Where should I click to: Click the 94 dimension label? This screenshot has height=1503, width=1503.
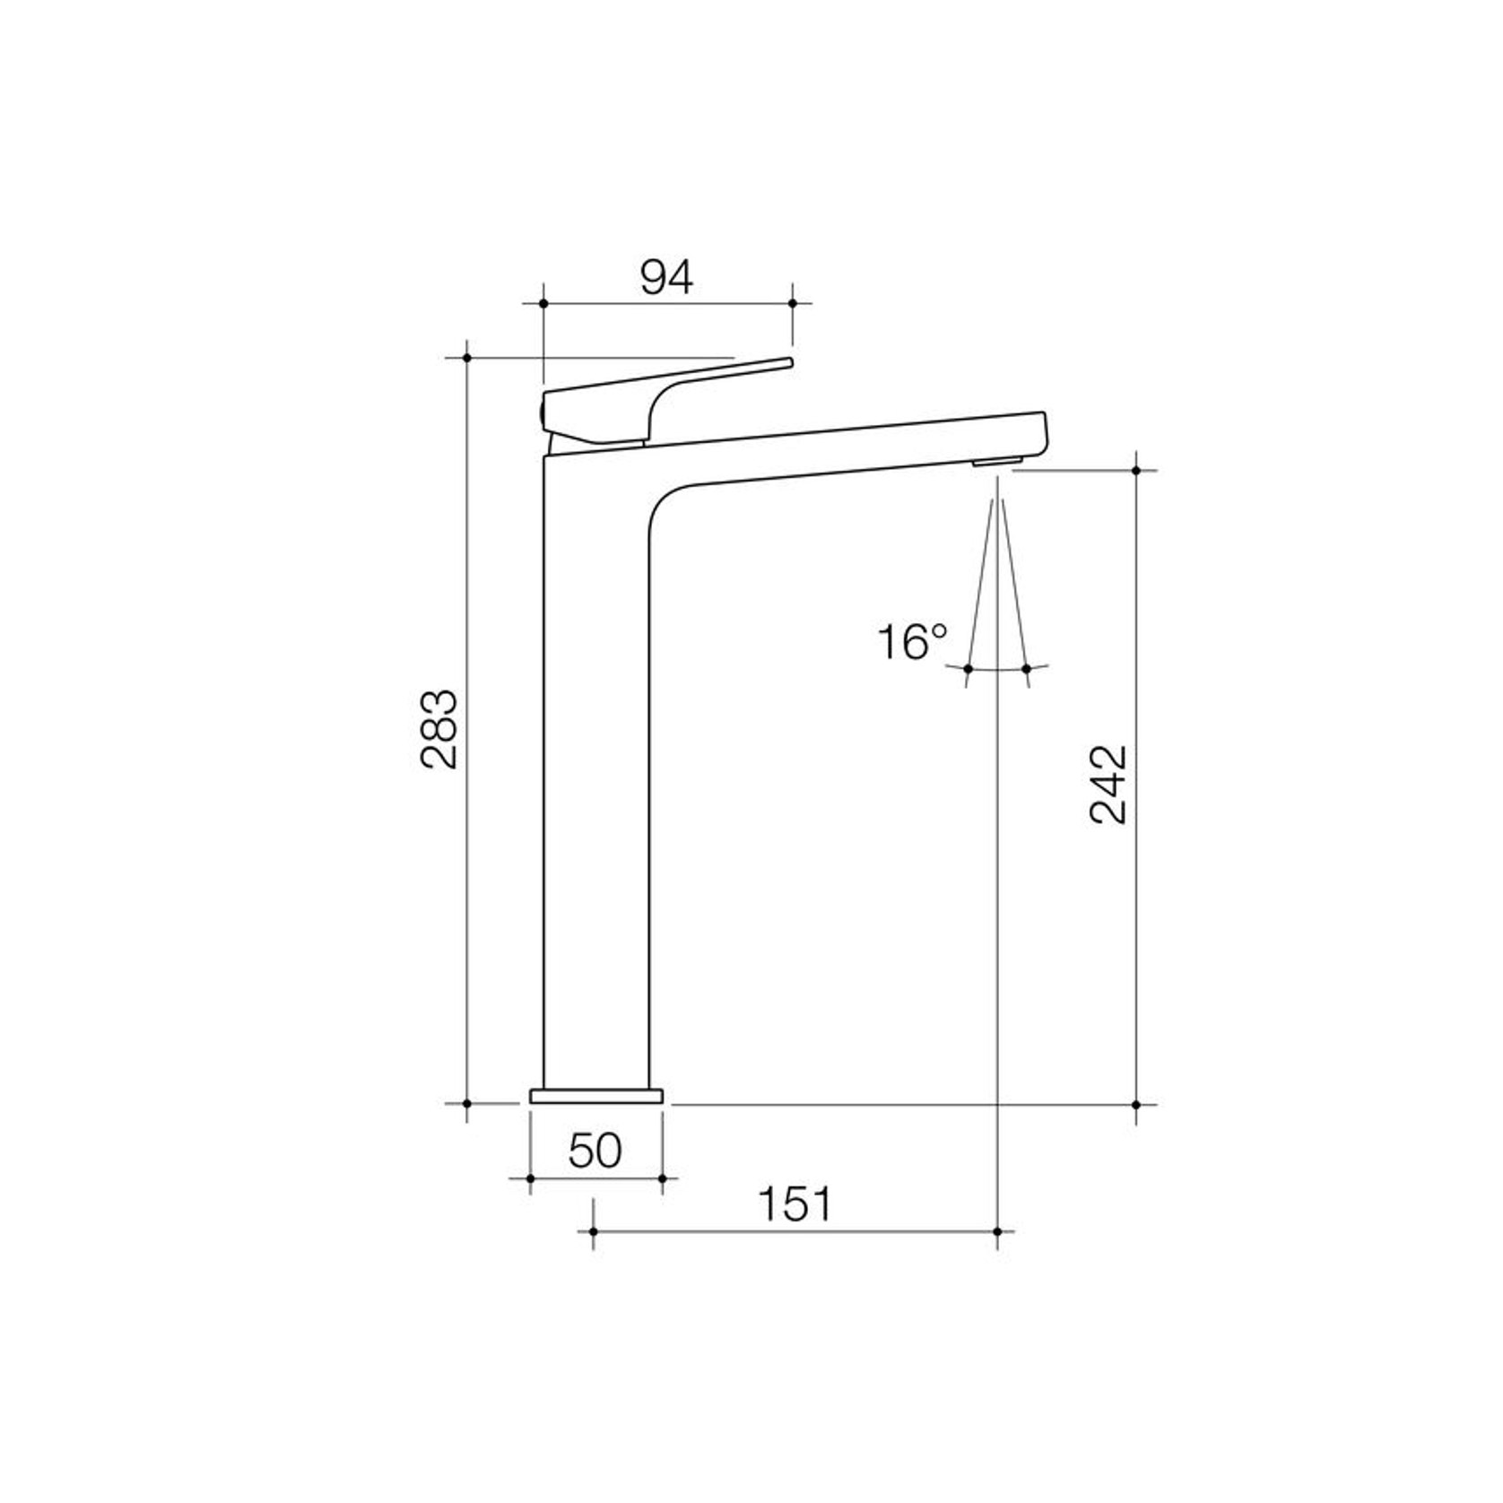click(666, 278)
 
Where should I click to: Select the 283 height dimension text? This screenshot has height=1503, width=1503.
click(439, 728)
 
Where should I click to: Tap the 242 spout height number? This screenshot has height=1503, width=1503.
click(1108, 784)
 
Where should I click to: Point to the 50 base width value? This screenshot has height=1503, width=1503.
click(595, 1151)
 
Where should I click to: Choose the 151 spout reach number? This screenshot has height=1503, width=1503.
click(795, 1204)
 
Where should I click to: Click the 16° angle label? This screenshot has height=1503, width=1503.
click(911, 642)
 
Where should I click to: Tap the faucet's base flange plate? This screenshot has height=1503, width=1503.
click(596, 1096)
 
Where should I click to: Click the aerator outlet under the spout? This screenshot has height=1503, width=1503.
click(996, 462)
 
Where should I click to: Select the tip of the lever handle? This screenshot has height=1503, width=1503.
click(790, 361)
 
